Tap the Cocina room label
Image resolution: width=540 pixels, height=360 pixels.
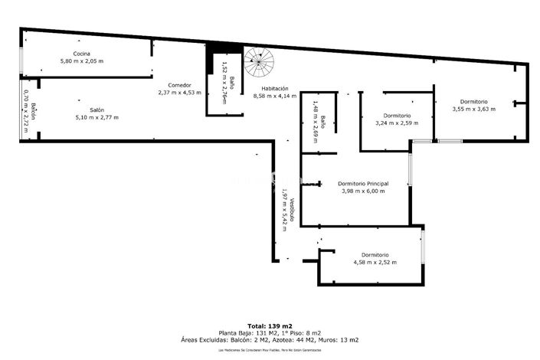tap(82, 53)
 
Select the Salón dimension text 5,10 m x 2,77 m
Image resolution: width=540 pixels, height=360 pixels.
tap(97, 117)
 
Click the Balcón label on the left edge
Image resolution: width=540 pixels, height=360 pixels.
tap(34, 113)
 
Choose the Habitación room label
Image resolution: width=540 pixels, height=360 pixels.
tap(270, 88)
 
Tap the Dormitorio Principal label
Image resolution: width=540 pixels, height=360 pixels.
tap(363, 183)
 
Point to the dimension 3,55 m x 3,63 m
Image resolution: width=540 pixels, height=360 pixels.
tap(473, 110)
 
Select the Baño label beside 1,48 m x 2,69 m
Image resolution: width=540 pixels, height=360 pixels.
tap(323, 121)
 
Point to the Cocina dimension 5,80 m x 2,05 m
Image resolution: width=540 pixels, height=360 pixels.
tap(82, 61)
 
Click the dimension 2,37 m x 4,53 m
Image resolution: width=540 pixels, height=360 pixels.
tap(179, 93)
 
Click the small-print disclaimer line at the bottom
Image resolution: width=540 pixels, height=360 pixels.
tap(269, 349)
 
